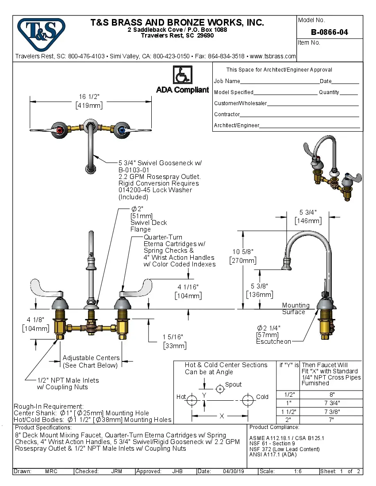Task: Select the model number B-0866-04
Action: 329,32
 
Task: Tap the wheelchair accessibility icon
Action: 182,75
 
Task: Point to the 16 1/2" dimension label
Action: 89,97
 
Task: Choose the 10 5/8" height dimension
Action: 243,252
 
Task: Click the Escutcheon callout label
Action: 273,342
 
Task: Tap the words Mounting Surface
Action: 295,308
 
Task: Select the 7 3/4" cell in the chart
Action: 332,402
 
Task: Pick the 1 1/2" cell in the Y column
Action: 288,411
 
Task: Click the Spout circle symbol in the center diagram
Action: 220,389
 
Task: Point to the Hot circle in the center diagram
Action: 192,401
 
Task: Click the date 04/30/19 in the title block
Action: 233,471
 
